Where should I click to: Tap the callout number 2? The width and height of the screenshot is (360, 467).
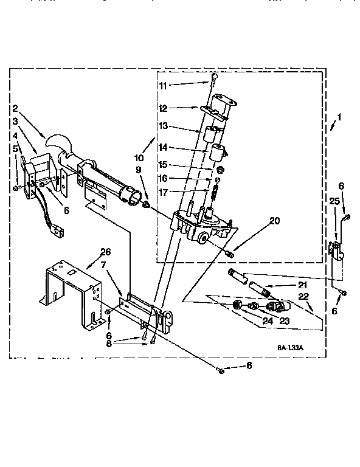pyautogui.click(x=14, y=109)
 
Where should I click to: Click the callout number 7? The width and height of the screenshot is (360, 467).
pyautogui.click(x=105, y=266)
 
